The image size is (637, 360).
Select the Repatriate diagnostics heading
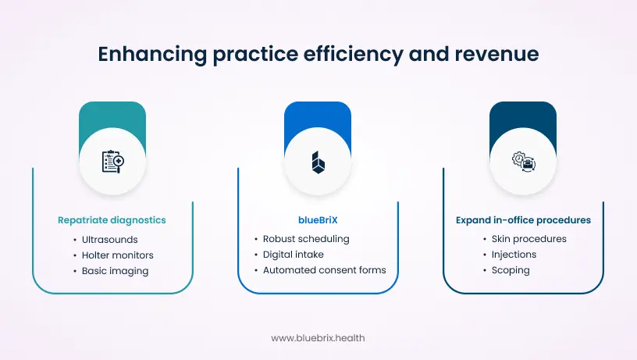click(112, 220)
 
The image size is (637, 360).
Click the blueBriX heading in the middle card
click(318, 220)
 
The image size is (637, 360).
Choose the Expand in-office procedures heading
click(523, 220)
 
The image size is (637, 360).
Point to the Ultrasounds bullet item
click(109, 239)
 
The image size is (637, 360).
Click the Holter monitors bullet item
click(117, 255)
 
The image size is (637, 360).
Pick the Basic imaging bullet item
click(115, 270)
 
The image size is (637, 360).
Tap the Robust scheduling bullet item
click(305, 239)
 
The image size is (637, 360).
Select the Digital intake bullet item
click(293, 255)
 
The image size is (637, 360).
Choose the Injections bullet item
click(514, 255)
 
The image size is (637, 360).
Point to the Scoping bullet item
click(511, 270)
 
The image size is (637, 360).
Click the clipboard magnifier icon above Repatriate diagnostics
click(112, 162)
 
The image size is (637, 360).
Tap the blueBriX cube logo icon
click(318, 162)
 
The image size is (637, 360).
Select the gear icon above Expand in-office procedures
click(523, 162)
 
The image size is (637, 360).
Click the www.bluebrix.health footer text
click(318, 338)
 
